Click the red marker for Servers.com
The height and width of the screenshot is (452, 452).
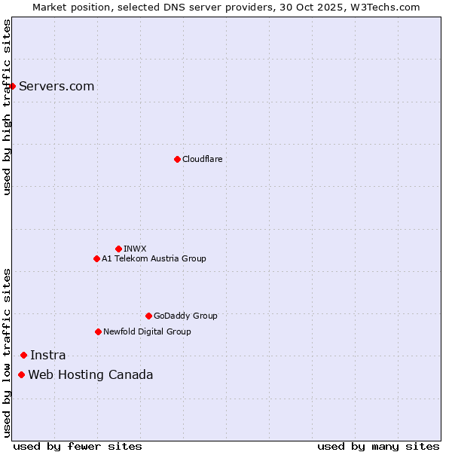coord(12,86)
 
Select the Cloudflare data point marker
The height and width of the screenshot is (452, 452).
coord(177,159)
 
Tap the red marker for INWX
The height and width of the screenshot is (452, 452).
coord(118,249)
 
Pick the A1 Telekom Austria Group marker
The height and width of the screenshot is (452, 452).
coord(96,258)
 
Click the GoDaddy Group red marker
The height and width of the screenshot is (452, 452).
coord(148,316)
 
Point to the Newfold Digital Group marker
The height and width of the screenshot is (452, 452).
coord(98,331)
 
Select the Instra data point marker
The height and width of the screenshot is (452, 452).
coord(23,355)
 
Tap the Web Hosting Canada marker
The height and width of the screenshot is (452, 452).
coord(21,374)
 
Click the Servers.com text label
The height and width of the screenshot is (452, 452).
coord(56,86)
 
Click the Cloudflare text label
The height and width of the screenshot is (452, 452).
coord(202,159)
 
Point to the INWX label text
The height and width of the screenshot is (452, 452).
coord(135,249)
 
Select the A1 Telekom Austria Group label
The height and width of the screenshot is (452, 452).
coord(154,258)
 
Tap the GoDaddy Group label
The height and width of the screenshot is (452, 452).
coord(185,316)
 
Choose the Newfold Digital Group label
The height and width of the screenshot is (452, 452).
coord(147,331)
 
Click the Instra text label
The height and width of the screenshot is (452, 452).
coord(47,355)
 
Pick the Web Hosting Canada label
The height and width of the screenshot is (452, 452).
coord(90,374)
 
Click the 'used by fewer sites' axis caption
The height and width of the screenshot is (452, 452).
coord(78,446)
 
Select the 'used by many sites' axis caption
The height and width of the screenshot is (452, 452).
coord(378,446)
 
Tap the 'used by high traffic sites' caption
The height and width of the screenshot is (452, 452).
coord(7,107)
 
